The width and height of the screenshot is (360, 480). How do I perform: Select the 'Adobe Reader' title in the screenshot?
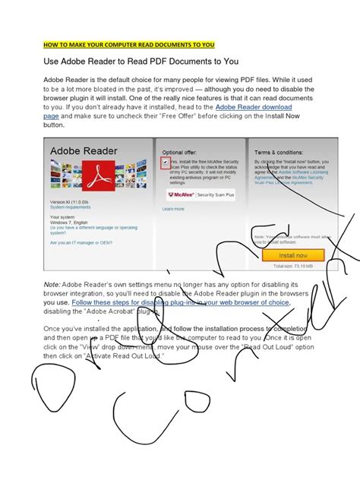[84, 152]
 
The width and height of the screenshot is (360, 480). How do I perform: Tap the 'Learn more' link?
[173, 209]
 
